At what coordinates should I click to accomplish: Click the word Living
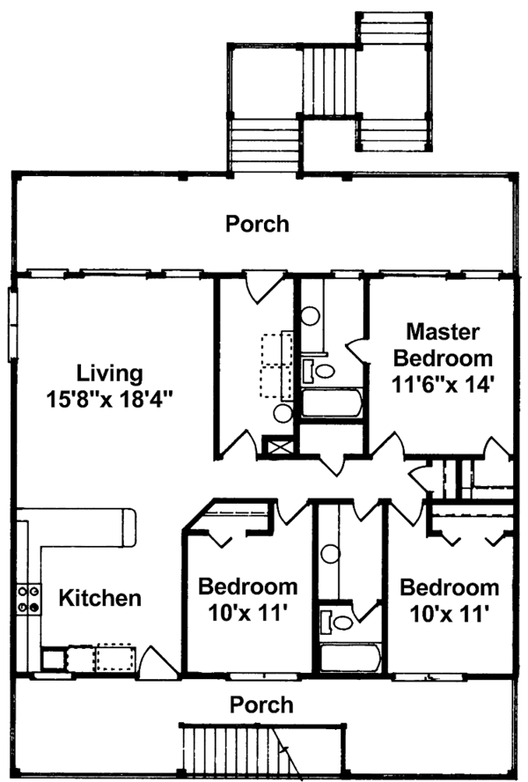110,374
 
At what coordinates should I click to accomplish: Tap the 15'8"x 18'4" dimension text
110,399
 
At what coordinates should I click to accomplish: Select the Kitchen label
99,597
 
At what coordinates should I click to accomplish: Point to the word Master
443,332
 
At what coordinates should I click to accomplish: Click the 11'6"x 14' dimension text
443,385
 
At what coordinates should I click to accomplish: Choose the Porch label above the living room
257,224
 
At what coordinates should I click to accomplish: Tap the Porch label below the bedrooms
261,705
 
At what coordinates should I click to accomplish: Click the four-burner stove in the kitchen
28,599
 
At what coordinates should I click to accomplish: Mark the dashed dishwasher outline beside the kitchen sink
115,658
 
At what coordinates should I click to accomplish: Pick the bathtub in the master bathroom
332,402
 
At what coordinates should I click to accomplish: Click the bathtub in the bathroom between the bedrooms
350,657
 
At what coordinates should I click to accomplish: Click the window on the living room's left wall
12,324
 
